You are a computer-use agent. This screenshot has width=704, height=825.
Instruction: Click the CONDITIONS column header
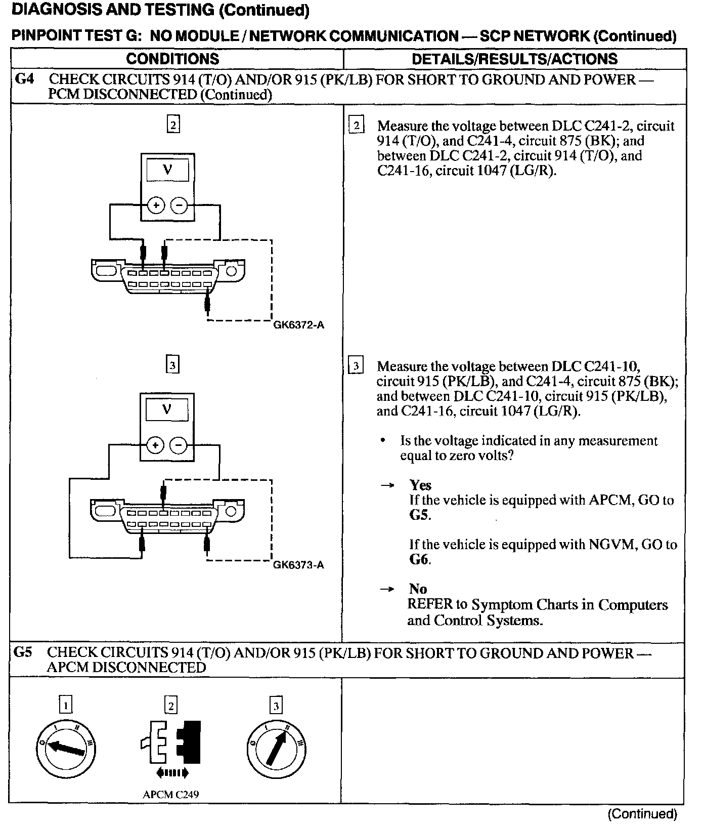point(172,59)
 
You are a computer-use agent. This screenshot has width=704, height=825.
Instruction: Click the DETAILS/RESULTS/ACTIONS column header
point(514,59)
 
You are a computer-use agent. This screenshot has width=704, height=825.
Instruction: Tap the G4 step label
point(25,79)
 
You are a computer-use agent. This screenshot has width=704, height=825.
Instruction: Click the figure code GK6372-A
point(298,325)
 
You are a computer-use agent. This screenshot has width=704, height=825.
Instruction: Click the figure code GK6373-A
point(298,565)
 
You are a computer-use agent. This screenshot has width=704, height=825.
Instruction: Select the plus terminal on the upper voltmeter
point(156,205)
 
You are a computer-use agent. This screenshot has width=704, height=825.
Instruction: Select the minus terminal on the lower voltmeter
point(178,445)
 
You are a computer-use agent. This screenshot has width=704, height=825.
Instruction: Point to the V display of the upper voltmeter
point(167,170)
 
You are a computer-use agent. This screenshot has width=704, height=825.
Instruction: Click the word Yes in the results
point(420,485)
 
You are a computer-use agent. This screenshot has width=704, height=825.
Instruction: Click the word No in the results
point(418,589)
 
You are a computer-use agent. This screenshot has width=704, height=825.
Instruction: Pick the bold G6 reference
point(419,560)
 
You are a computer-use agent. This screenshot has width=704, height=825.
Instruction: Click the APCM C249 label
point(170,794)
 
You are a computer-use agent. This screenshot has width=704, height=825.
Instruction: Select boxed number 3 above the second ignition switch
point(276,706)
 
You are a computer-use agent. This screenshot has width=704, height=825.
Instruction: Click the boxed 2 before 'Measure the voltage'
point(356,125)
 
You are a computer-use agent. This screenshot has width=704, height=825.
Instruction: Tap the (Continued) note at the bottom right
point(642,814)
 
